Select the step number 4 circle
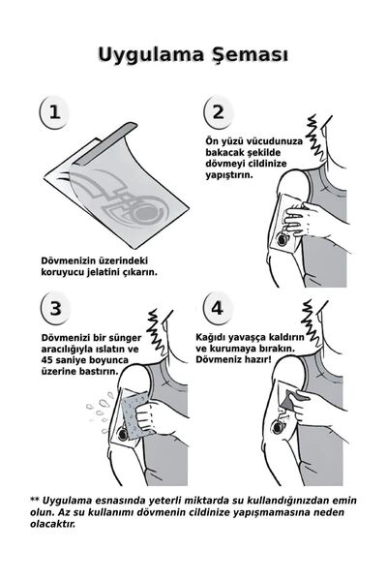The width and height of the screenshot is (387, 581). [219, 310]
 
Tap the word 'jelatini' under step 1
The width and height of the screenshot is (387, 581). [109, 273]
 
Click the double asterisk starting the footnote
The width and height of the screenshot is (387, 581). [35, 499]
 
